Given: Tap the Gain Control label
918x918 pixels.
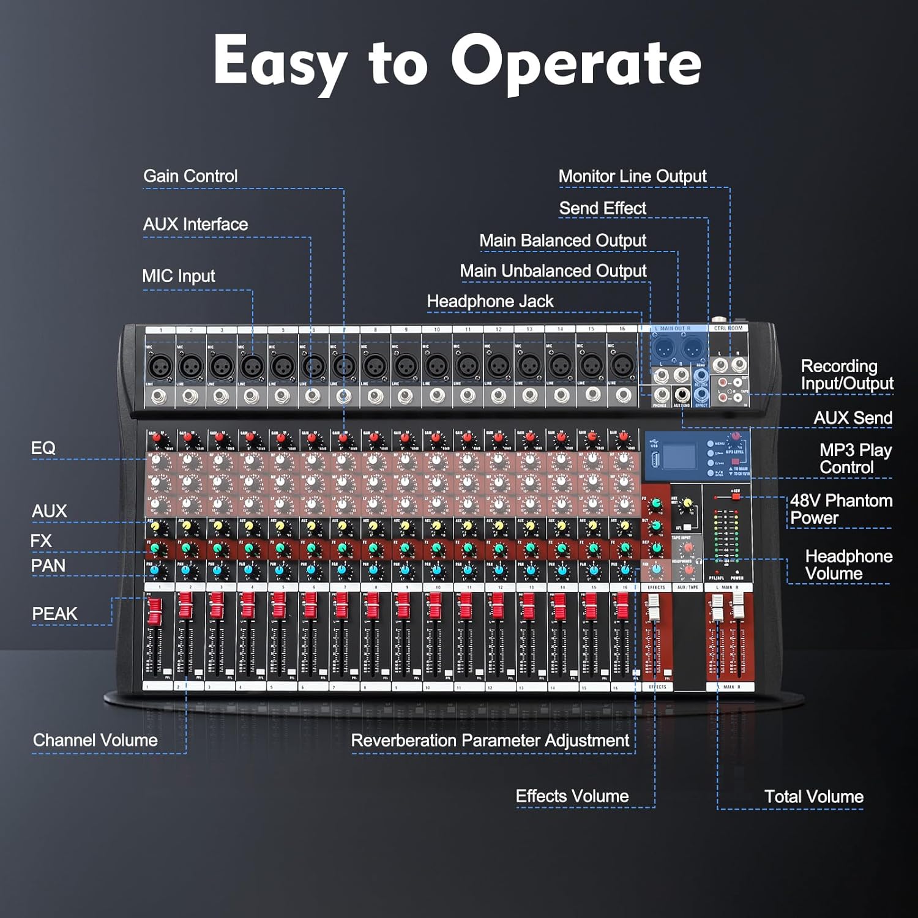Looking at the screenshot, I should pos(190,176).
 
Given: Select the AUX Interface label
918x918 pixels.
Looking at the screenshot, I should pos(195,225).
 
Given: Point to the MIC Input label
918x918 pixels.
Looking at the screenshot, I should pos(179,276).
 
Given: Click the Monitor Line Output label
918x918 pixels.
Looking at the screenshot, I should pos(632,176).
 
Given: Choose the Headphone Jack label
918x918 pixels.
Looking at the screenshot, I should pos(490,302).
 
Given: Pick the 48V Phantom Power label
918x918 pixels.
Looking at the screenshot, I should pos(841,509).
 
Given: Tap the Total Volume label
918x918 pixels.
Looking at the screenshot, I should pos(813,797).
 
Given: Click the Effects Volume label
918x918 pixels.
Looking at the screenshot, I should pos(572,796).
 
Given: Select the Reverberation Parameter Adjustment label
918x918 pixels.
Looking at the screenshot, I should pos(490,741).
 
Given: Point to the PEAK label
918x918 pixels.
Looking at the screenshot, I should pos(54,614).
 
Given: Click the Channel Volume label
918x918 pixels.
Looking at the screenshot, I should pos(95,741).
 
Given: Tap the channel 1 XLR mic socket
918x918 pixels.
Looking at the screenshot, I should pos(160,367).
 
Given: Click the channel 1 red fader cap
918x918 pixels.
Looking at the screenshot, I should pos(155,610).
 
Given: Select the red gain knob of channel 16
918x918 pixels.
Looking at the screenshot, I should pos(623,438).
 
